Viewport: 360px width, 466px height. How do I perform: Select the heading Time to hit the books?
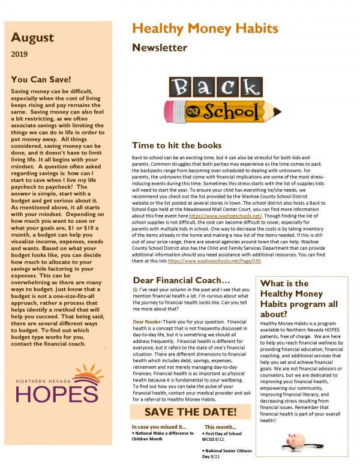point(176,146)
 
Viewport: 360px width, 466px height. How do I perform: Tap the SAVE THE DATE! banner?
point(191,412)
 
